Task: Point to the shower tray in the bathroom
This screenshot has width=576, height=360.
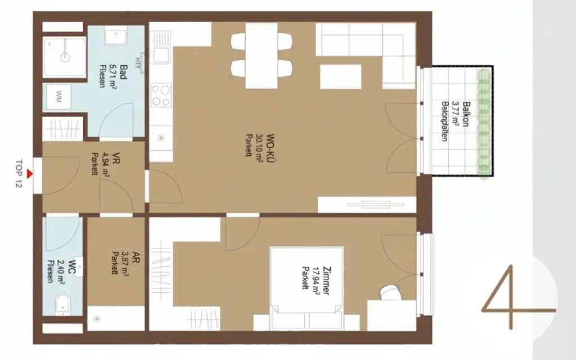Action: (65, 56)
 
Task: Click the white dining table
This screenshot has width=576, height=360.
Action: (262, 55)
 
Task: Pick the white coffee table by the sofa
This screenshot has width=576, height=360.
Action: (340, 76)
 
